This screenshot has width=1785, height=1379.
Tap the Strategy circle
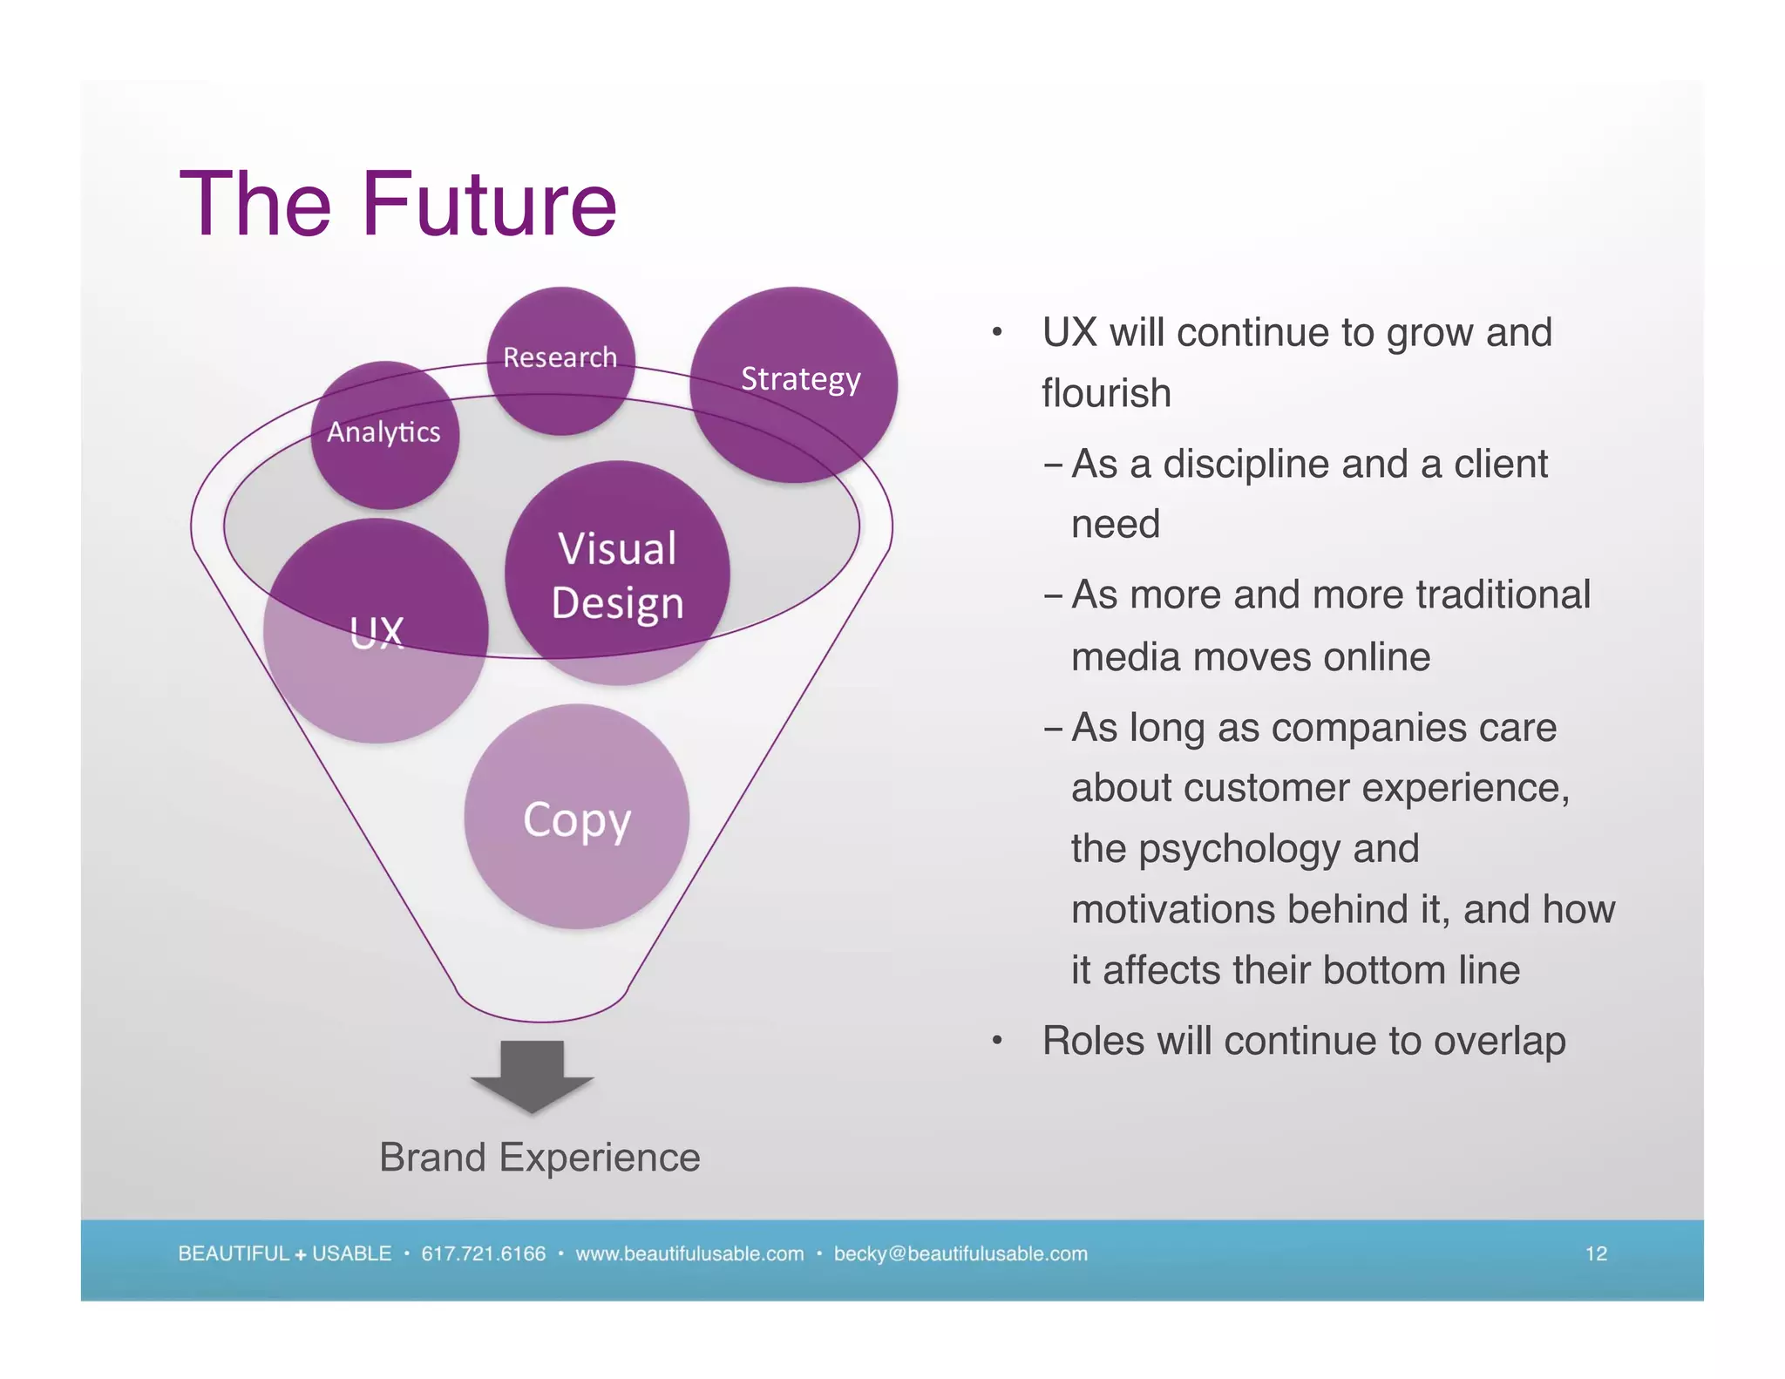click(794, 384)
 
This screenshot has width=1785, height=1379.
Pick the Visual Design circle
click(617, 574)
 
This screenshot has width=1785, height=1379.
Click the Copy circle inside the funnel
click(576, 817)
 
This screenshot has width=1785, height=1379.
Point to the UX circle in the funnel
click(376, 631)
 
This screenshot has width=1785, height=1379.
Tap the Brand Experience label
click(540, 1158)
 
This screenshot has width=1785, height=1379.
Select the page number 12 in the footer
click(1595, 1253)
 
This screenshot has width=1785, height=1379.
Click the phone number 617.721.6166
click(483, 1253)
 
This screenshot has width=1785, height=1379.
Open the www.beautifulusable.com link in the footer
click(689, 1253)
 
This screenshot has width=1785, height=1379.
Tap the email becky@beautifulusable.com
click(960, 1253)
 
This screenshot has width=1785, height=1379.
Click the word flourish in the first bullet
click(1106, 393)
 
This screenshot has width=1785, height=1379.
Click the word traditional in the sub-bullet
click(1503, 595)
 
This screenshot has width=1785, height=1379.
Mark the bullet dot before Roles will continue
click(997, 1041)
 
